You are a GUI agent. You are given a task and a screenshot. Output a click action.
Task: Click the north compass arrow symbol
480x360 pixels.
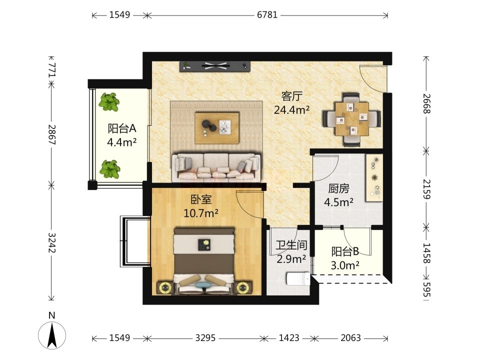(x=52, y=334)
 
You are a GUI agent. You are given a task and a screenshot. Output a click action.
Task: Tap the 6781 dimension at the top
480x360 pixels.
(x=267, y=14)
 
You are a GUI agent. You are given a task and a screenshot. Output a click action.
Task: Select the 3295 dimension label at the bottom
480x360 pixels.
(x=205, y=338)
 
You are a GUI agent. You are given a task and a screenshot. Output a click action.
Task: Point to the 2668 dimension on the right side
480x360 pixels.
(x=426, y=104)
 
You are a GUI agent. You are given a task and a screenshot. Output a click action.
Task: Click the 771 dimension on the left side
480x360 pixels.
(x=52, y=70)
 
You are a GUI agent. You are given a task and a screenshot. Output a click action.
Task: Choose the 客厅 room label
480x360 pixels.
(x=291, y=96)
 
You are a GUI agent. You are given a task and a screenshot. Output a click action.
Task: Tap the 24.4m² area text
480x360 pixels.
(x=291, y=109)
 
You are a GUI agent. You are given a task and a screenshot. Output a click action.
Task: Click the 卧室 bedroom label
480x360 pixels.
(x=201, y=199)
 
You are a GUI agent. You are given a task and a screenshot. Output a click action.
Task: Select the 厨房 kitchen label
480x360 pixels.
(x=338, y=188)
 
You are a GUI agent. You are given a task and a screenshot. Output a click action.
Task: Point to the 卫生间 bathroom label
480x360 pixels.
(x=291, y=245)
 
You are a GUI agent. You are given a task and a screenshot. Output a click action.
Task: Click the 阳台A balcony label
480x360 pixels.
(x=122, y=128)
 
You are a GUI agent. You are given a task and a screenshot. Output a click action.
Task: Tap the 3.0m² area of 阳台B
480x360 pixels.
(x=345, y=265)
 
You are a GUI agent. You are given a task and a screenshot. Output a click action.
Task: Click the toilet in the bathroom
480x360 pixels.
(x=298, y=279)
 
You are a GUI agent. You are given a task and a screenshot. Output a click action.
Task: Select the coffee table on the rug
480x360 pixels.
(x=217, y=127)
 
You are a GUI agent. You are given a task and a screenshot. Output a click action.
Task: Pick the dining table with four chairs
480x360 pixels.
(x=351, y=119)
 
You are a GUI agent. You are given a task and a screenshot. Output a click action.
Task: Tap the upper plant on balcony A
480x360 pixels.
(x=109, y=102)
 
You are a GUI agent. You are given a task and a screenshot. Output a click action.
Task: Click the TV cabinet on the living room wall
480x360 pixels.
(x=215, y=66)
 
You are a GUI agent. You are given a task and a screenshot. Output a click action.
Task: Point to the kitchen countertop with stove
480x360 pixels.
(x=374, y=178)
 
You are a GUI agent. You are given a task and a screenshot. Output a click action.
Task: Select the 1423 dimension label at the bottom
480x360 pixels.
(x=289, y=338)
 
